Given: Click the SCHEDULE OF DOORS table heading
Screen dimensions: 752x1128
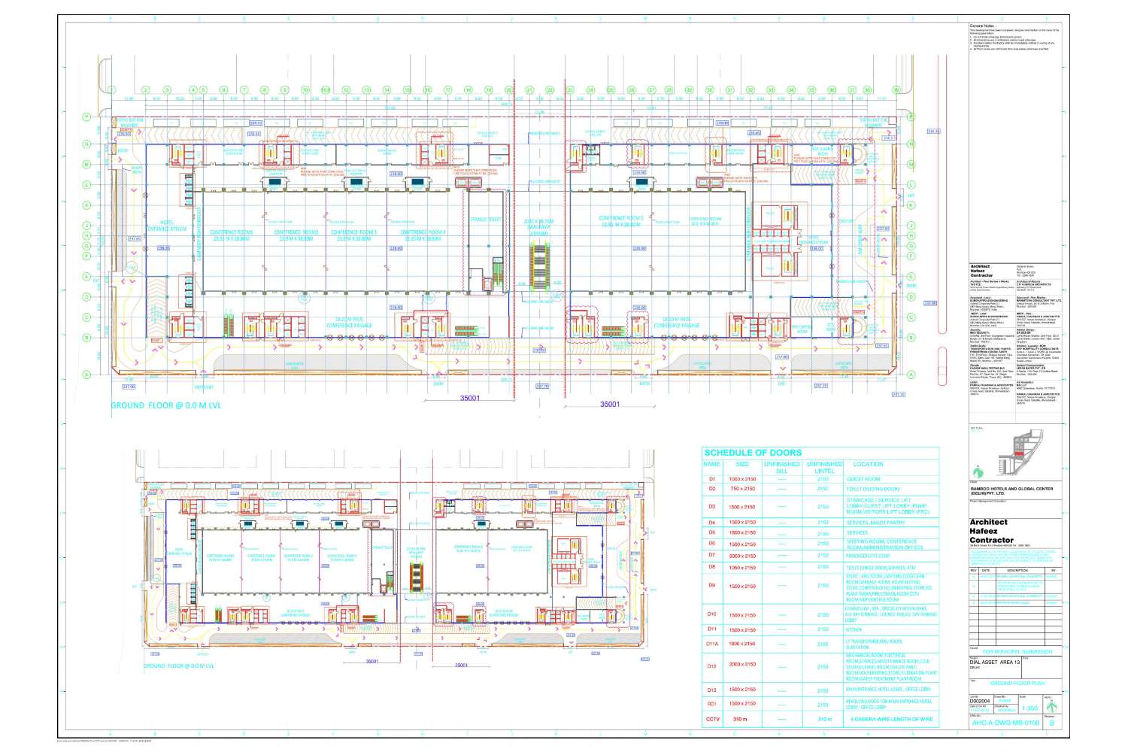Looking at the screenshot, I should tap(752, 453).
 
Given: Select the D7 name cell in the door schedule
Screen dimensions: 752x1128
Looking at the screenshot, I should tap(711, 555).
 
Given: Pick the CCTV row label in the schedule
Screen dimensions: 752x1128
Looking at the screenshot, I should tap(711, 720).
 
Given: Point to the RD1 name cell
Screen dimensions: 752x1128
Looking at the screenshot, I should tap(711, 704).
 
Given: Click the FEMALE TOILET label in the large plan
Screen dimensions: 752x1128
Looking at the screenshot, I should tap(486, 220).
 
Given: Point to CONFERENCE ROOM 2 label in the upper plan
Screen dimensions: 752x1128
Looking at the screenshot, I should tap(296, 235).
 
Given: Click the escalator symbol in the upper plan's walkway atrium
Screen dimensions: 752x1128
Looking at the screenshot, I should tap(538, 263).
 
